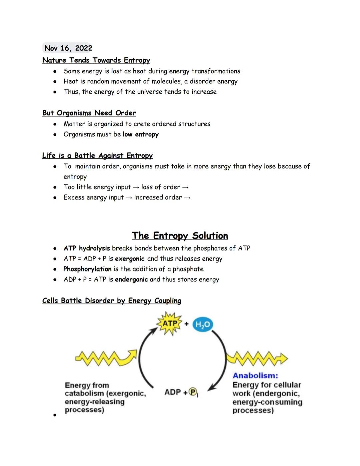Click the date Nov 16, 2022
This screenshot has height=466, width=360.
pos(68,48)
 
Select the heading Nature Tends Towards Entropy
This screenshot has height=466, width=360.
pos(96,60)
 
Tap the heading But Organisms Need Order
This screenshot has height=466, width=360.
pos(89,113)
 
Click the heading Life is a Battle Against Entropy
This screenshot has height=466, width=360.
pos(97,156)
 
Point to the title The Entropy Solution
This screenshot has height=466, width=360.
pos(180,236)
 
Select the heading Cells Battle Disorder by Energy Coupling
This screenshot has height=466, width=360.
pos(112,301)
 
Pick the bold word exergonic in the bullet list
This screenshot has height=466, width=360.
pos(130,259)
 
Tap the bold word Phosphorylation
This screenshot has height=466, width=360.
pos(87,269)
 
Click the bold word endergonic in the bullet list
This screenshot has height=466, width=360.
pos(131,280)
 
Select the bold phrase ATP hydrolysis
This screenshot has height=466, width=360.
pos(87,249)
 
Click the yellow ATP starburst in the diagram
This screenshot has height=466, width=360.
pos(170,324)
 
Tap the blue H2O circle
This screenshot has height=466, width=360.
pos(203,325)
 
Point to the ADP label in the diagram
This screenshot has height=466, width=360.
pos(172,392)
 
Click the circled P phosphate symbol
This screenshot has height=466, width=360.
pos(193,392)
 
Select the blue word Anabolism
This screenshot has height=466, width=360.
pos(255,376)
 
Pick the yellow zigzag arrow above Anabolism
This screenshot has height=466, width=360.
pos(257,358)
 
